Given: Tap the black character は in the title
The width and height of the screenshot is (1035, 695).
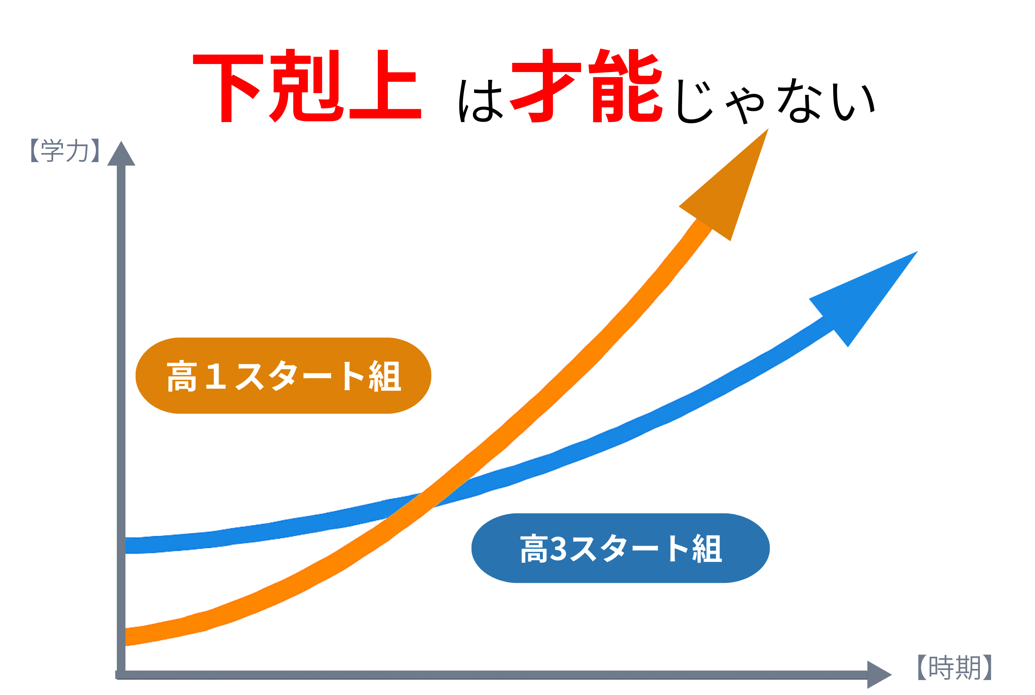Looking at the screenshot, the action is (x=481, y=101).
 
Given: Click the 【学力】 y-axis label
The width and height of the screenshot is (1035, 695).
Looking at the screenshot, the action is (x=65, y=151).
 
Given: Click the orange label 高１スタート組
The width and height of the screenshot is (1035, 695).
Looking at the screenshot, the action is (x=284, y=376).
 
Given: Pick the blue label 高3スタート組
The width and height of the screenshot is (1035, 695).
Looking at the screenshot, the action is (x=620, y=548).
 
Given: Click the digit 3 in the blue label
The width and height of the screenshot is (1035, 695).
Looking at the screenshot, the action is (x=558, y=549).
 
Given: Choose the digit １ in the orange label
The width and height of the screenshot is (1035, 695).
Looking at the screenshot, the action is (x=216, y=376).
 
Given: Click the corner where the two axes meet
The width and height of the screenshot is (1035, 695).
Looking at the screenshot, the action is (x=121, y=675).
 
